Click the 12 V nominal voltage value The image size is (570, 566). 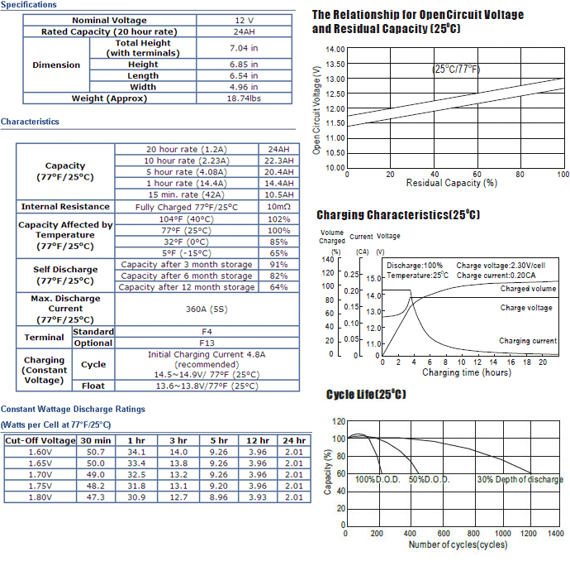click(x=244, y=21)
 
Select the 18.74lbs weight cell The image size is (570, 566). click(x=244, y=98)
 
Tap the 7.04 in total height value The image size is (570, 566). click(x=244, y=48)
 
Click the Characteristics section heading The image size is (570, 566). click(x=30, y=122)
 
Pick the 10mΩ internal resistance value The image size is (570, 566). click(x=279, y=207)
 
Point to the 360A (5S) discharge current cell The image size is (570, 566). click(x=207, y=309)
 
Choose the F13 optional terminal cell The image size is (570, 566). click(x=207, y=343)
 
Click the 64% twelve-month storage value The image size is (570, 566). click(x=279, y=287)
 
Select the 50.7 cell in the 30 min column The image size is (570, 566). click(x=96, y=452)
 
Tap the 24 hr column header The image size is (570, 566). click(x=294, y=441)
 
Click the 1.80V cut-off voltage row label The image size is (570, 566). click(x=40, y=497)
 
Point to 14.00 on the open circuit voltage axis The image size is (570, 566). click(x=335, y=49)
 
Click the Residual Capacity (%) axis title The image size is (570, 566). click(x=452, y=183)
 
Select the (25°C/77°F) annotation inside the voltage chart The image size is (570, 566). click(x=456, y=69)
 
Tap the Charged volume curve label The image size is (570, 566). click(x=528, y=289)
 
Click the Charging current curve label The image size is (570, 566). click(x=528, y=341)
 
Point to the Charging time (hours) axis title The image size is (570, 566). click(x=467, y=372)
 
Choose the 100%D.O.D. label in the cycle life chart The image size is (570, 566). click(x=378, y=479)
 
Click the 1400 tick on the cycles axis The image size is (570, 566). click(x=556, y=533)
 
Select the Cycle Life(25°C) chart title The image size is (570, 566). click(x=366, y=395)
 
